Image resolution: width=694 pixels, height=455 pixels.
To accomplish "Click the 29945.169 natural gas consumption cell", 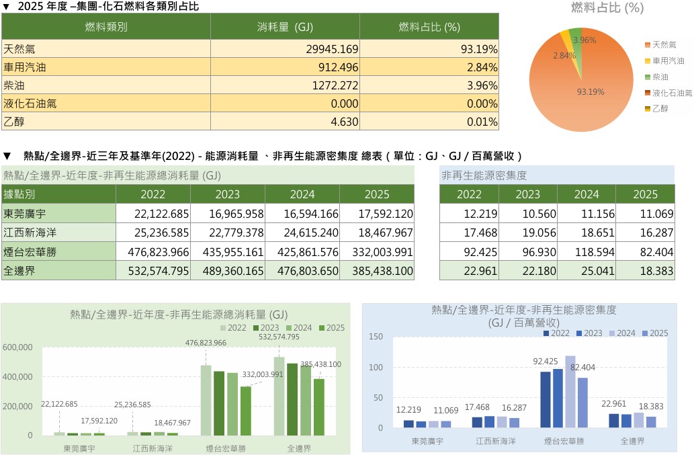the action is [285, 48].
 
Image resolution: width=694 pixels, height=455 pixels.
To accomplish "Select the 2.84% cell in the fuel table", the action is [429, 67].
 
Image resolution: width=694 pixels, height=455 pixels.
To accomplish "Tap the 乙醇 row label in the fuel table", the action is [106, 121].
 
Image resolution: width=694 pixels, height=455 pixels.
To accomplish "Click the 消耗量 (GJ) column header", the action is [285, 27].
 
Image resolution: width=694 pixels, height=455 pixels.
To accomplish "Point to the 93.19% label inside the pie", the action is [591, 91].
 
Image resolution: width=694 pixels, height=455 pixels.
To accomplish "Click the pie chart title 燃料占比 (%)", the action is [607, 7].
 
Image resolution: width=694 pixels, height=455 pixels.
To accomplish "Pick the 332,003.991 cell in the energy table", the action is [377, 252].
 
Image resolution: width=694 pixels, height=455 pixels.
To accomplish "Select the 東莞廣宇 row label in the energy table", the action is [59, 213].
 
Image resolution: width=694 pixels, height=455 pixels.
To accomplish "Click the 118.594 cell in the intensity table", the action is [587, 252].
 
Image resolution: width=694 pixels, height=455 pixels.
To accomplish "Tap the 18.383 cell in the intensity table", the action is [646, 270].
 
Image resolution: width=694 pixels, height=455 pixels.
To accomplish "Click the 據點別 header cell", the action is [59, 194].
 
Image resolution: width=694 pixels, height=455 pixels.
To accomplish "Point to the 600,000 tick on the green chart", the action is [17, 347].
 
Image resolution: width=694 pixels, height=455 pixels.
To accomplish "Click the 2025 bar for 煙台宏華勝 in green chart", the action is [246, 411].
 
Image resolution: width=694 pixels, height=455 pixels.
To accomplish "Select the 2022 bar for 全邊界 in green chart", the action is [279, 396].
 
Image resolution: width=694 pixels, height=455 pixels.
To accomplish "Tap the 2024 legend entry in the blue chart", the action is [622, 333].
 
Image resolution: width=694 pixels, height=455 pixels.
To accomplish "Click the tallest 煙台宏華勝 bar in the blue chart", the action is [570, 391].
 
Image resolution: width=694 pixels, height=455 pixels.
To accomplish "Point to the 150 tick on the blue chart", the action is [376, 337].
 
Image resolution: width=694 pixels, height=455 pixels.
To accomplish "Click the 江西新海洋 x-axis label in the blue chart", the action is [496, 441].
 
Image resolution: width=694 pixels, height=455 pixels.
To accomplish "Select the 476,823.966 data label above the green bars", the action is [206, 343].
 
